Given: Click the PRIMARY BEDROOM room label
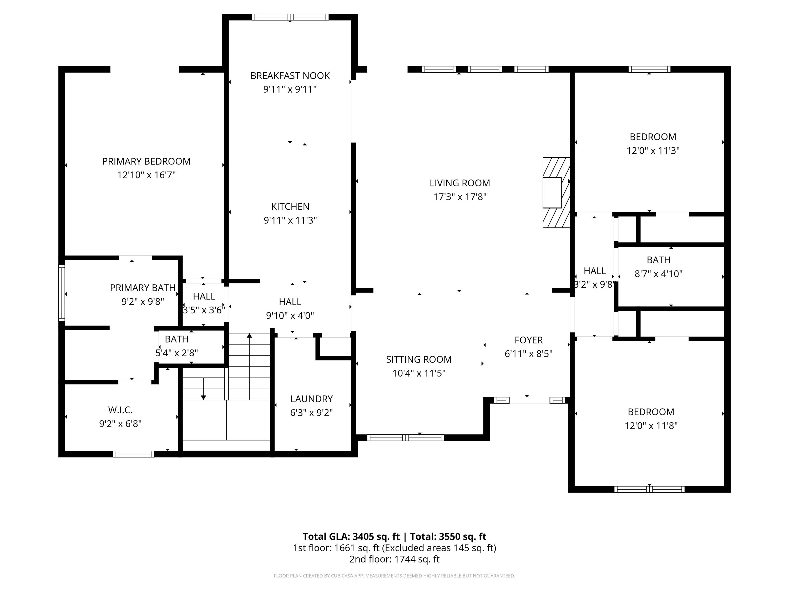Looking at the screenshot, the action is [146, 162].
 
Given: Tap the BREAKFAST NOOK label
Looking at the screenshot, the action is [290, 76].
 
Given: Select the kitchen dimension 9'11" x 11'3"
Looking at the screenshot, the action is [290, 220].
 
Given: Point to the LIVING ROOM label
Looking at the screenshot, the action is [460, 183].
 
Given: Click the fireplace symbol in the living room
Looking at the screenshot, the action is [556, 193].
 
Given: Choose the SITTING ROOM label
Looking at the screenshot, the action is [419, 359].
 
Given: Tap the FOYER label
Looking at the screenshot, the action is [529, 340].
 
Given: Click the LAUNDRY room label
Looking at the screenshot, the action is [311, 399].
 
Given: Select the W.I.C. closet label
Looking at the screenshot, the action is [120, 410].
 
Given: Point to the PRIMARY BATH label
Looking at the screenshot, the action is [143, 288].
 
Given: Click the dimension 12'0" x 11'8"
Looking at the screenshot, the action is [651, 426].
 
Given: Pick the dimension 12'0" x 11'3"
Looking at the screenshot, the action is [653, 150].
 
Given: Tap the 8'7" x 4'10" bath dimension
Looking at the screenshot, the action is [659, 274].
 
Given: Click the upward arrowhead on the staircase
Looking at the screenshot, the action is [249, 335].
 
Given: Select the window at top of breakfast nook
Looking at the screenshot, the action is [290, 17].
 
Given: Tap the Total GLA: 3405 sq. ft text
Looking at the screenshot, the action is [351, 537].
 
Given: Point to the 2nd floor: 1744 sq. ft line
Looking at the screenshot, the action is [394, 559].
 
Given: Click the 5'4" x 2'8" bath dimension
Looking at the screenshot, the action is [176, 353].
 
